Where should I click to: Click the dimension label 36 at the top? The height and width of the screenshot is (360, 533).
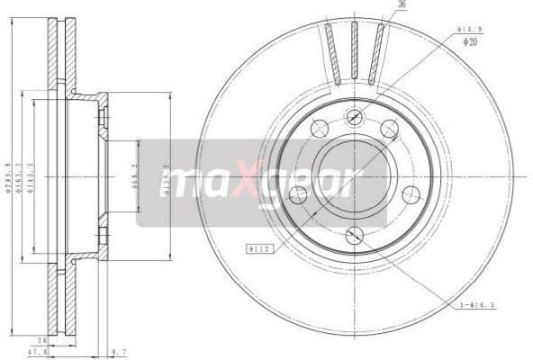click(x=402, y=5)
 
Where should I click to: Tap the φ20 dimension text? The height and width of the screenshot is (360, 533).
click(x=469, y=41)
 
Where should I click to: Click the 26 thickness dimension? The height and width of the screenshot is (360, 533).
click(x=42, y=340)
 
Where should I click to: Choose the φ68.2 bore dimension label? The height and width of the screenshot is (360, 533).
click(x=135, y=176)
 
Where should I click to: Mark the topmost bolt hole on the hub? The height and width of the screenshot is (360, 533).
click(x=354, y=116)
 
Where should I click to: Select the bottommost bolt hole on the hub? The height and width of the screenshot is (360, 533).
click(x=354, y=236)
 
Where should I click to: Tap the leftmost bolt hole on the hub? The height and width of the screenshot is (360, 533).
click(x=297, y=193)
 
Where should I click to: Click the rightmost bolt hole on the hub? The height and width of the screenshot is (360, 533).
click(x=411, y=193)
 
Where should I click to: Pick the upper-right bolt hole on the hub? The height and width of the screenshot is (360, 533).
click(x=389, y=129)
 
